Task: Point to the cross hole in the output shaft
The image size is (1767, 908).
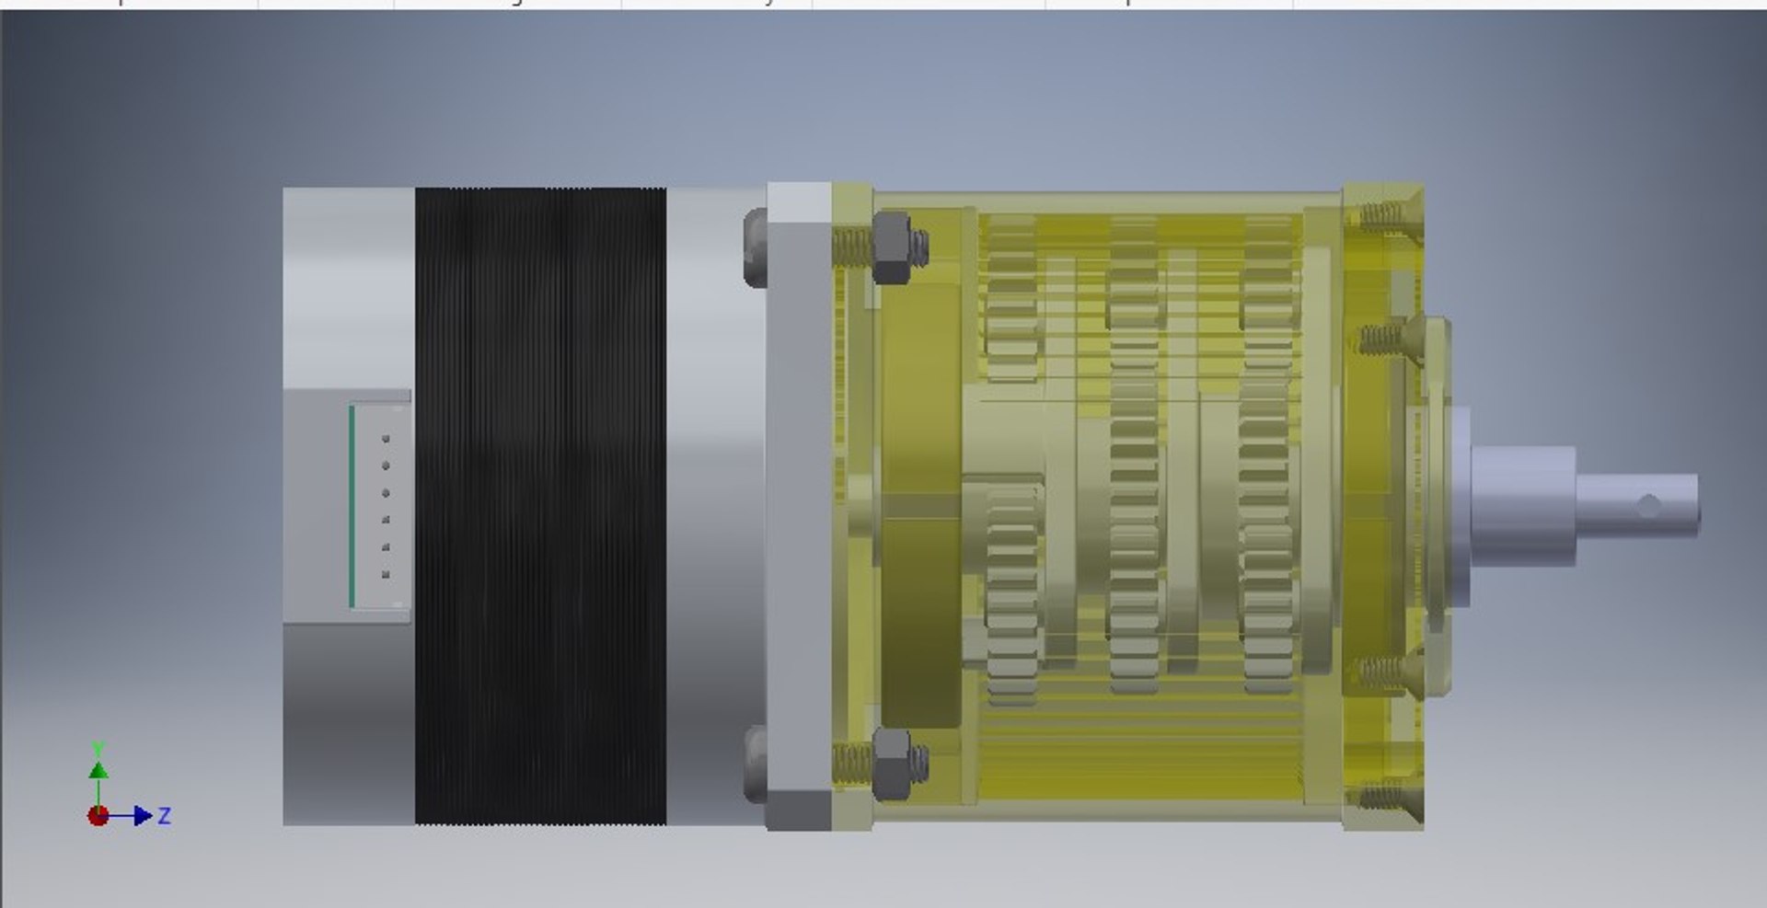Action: [x=1649, y=505]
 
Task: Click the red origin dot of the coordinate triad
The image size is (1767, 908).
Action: [x=98, y=816]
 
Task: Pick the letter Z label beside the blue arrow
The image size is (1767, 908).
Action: [x=165, y=815]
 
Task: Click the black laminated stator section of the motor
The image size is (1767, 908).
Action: [x=540, y=506]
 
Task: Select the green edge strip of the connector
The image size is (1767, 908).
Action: [x=352, y=506]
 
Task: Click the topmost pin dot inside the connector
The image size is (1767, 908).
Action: [x=386, y=439]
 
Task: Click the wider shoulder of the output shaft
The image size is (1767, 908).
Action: [x=1523, y=505]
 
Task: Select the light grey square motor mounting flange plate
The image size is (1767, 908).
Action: [x=799, y=506]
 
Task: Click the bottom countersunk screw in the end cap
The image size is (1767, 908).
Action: [x=1382, y=796]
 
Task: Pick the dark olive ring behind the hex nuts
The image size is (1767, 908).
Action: [x=920, y=506]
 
